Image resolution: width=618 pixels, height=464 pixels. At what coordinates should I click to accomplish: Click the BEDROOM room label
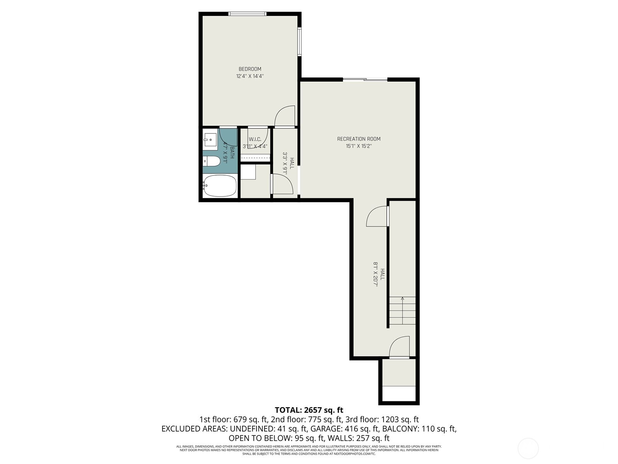[x=250, y=69]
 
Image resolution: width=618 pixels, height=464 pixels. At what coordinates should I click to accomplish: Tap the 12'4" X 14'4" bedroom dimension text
[x=250, y=76]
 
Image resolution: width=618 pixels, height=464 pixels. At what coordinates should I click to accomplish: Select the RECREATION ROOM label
[x=359, y=139]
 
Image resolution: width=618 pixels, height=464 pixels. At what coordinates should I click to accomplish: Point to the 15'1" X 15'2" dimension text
[x=359, y=146]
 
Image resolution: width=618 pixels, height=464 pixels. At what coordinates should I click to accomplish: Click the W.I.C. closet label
[x=255, y=139]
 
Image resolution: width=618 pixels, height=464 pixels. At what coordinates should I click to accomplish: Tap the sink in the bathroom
[x=211, y=140]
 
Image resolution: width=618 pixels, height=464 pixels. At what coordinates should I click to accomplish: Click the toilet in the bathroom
[x=211, y=161]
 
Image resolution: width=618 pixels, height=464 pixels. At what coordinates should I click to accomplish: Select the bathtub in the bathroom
[x=219, y=186]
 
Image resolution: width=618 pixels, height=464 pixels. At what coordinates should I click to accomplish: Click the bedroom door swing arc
[x=285, y=115]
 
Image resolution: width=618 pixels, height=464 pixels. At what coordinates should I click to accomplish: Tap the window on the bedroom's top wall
[x=247, y=14]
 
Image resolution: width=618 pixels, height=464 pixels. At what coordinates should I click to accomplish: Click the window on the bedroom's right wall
[x=299, y=42]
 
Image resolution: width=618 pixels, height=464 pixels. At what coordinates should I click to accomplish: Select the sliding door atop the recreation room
[x=365, y=80]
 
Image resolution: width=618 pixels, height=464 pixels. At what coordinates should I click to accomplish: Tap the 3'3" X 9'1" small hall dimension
[x=289, y=164]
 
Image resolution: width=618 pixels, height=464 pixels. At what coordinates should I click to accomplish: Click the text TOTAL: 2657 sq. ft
[x=309, y=410]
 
